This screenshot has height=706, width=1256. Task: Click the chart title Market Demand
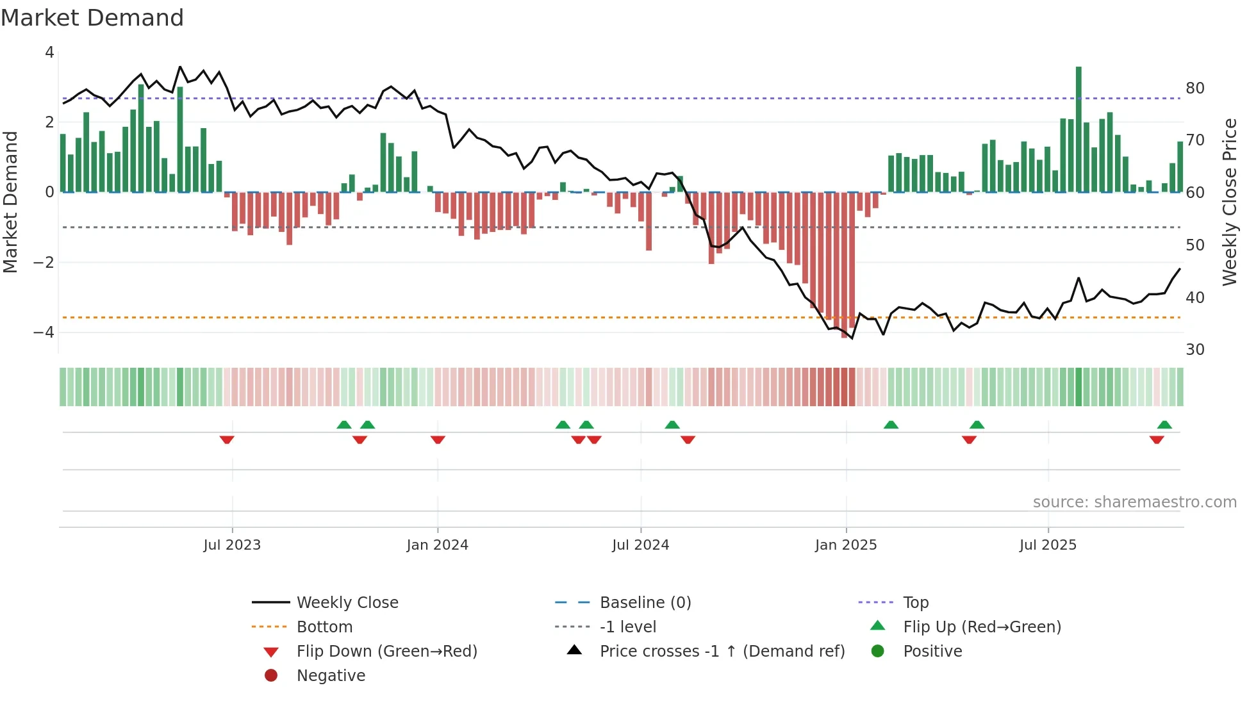pyautogui.click(x=92, y=18)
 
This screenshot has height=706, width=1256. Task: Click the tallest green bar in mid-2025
pyautogui.click(x=1078, y=128)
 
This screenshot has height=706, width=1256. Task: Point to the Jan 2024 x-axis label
pyautogui.click(x=437, y=545)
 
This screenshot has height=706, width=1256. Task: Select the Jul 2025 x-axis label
pyautogui.click(x=1048, y=545)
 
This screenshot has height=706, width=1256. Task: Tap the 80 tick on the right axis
pyautogui.click(x=1194, y=88)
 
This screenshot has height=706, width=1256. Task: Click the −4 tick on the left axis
pyautogui.click(x=44, y=332)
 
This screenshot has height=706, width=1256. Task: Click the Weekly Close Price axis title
pyautogui.click(x=1229, y=202)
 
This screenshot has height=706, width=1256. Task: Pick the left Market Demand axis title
pyautogui.click(x=10, y=202)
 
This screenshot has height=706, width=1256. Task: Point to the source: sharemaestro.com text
pyautogui.click(x=1134, y=502)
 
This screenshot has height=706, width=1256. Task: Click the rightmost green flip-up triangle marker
pyautogui.click(x=1164, y=425)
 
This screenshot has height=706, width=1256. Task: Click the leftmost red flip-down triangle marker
pyautogui.click(x=227, y=439)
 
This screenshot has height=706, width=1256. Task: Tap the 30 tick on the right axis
pyautogui.click(x=1194, y=350)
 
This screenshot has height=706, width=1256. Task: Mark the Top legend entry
pyautogui.click(x=915, y=603)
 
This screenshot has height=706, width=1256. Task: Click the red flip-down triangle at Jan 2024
pyautogui.click(x=438, y=439)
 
